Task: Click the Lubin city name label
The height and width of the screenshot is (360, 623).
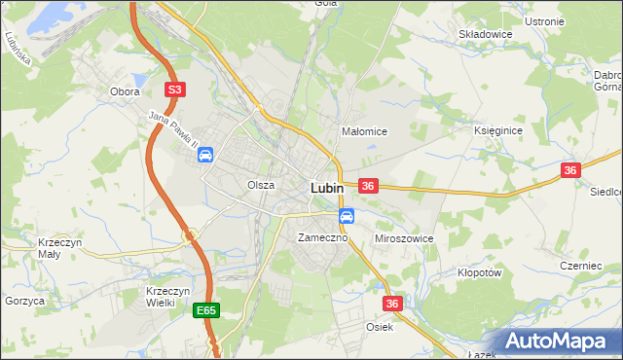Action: tap(326, 188)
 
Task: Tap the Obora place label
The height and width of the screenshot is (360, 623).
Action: tap(125, 91)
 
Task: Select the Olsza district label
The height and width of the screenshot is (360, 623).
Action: tap(261, 184)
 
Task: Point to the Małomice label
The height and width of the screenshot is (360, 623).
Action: tap(365, 131)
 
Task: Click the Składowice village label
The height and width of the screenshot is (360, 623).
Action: tap(486, 33)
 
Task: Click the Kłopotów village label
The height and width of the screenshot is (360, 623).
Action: tap(479, 273)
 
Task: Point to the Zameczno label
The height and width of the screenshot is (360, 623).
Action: tap(315, 237)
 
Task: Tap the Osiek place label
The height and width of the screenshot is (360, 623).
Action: tap(380, 327)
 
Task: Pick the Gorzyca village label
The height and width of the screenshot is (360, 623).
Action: tap(24, 302)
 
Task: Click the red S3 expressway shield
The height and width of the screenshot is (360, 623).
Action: tap(174, 90)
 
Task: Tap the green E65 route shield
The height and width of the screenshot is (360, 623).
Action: tap(205, 310)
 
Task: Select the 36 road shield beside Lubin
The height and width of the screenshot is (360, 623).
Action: tap(368, 185)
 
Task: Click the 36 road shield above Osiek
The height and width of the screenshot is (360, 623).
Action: tap(392, 304)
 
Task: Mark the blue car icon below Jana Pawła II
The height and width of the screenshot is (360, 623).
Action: tap(206, 155)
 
